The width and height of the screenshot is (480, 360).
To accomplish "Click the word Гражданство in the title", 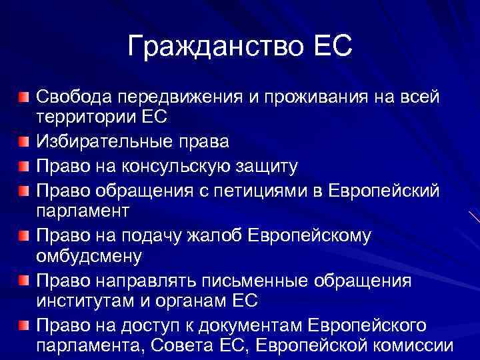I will pos(213,47).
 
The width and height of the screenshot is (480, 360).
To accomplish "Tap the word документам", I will pos(239,325).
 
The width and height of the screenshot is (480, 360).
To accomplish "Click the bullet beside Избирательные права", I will pos(25,141).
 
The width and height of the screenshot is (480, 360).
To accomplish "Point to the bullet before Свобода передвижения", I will pos(25,98).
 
